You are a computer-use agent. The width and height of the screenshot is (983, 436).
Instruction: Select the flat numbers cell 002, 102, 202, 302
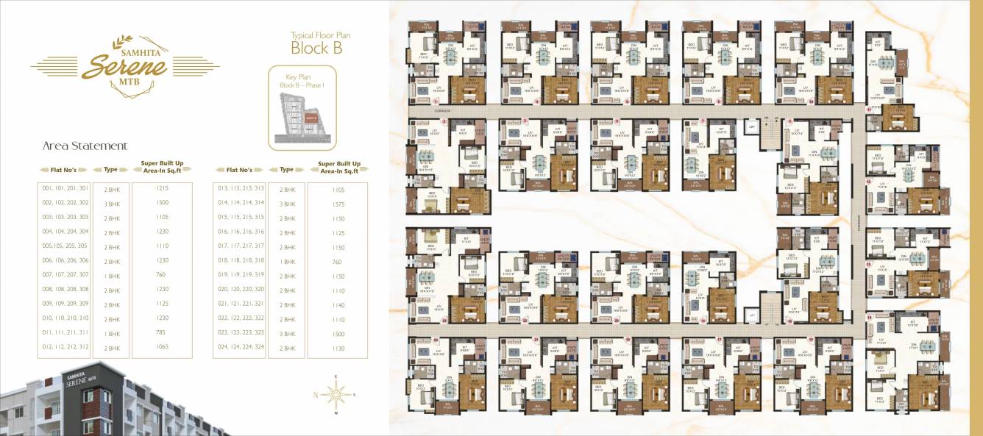65,203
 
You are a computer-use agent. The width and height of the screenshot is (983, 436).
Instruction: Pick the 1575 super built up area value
338,204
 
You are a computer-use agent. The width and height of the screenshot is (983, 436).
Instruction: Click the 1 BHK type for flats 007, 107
111,276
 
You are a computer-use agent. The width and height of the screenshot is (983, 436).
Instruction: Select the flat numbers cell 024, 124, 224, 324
241,348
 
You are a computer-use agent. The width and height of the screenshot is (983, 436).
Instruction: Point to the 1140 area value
338,304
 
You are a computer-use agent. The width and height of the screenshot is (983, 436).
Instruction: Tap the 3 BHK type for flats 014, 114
287,204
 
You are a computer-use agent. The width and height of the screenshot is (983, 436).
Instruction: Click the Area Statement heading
85,146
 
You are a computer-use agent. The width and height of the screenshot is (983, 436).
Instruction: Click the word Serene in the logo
124,66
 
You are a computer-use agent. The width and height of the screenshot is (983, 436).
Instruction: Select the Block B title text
317,49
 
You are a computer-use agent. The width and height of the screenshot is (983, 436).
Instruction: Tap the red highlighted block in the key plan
311,118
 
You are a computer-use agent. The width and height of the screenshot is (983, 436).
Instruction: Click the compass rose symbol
336,395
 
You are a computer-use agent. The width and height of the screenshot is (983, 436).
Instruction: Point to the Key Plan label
300,76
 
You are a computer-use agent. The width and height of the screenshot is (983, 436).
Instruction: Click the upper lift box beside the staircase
751,126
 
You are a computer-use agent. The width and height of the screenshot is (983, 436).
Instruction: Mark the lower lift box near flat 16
751,315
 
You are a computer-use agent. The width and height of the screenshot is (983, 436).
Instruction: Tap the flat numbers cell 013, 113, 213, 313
241,189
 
